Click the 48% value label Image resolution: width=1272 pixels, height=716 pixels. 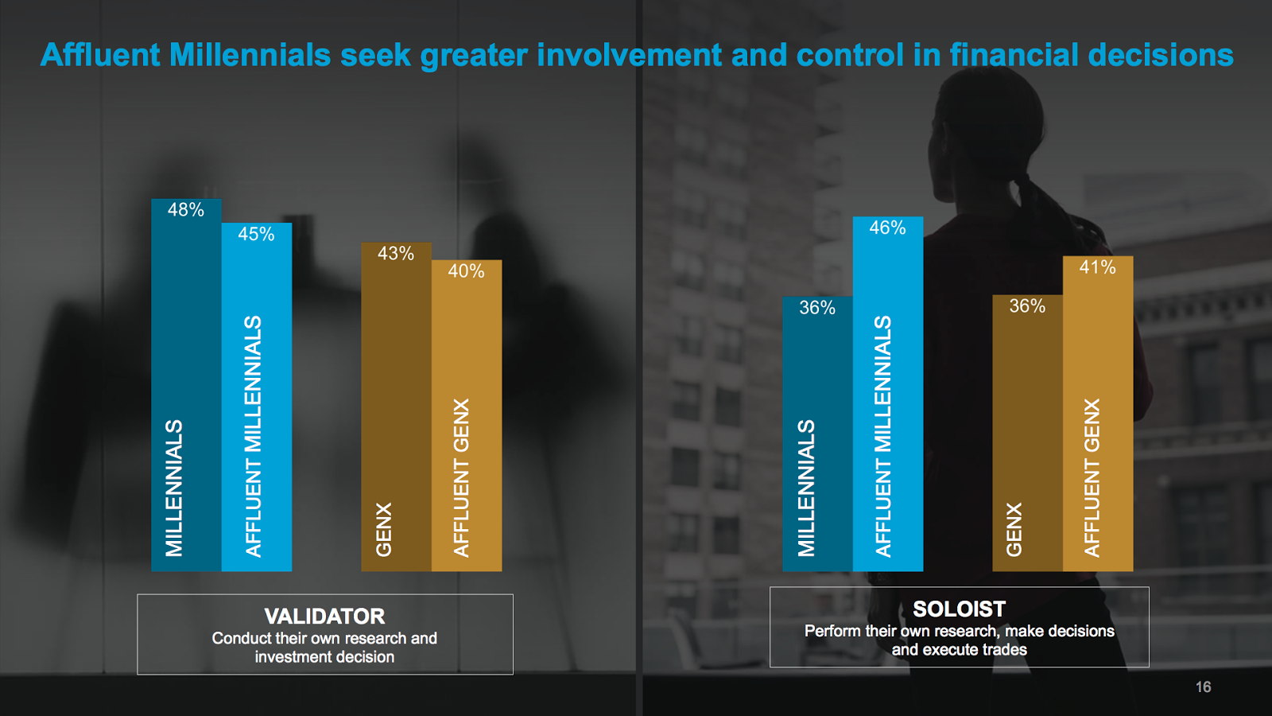click(x=186, y=210)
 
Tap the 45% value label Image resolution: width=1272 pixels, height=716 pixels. click(x=256, y=234)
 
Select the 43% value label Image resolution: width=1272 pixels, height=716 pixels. click(x=396, y=254)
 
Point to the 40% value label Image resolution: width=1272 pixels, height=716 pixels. click(x=466, y=271)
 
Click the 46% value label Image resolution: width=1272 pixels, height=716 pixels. click(x=887, y=228)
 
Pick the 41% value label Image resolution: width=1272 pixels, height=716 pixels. click(x=1098, y=267)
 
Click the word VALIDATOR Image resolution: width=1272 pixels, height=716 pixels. click(x=325, y=617)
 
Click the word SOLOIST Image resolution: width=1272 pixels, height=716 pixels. click(x=959, y=609)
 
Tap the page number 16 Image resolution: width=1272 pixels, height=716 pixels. click(x=1204, y=687)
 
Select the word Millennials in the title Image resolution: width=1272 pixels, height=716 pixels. click(x=250, y=55)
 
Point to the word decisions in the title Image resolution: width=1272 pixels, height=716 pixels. click(x=1161, y=55)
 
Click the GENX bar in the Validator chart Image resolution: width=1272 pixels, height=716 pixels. click(x=397, y=407)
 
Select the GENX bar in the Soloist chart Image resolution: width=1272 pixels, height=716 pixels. click(x=1027, y=433)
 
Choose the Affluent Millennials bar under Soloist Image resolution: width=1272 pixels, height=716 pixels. click(x=887, y=394)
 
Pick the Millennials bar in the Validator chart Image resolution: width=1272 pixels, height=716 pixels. click(x=186, y=385)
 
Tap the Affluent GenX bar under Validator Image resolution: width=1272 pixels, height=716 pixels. click(x=467, y=415)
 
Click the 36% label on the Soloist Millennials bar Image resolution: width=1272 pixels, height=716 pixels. click(x=817, y=308)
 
